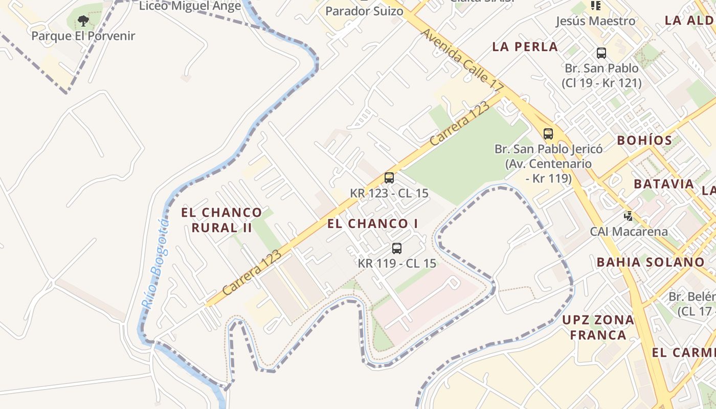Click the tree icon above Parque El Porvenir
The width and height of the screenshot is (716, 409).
click(83, 21)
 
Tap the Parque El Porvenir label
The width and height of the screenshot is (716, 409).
click(83, 36)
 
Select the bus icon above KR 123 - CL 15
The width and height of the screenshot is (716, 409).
click(389, 178)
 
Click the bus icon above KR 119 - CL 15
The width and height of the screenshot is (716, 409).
click(396, 248)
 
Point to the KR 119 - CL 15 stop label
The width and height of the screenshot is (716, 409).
click(397, 263)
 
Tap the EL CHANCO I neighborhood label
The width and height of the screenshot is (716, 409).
click(373, 223)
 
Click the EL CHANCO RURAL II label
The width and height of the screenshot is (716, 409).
click(221, 220)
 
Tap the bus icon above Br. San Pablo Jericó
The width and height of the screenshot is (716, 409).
click(548, 134)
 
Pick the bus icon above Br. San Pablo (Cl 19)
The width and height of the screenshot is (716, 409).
click(601, 53)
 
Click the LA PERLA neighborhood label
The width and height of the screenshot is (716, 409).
click(525, 47)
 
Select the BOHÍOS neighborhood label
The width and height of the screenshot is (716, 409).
click(644, 140)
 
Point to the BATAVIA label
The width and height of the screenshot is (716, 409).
click(664, 184)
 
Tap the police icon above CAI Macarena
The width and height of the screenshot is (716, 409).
click(629, 216)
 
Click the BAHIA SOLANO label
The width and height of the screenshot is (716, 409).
click(651, 262)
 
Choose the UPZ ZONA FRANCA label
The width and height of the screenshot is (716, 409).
click(598, 328)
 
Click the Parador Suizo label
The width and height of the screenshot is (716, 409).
click(364, 11)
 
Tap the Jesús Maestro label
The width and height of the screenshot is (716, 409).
click(595, 21)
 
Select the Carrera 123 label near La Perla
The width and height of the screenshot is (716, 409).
click(460, 124)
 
